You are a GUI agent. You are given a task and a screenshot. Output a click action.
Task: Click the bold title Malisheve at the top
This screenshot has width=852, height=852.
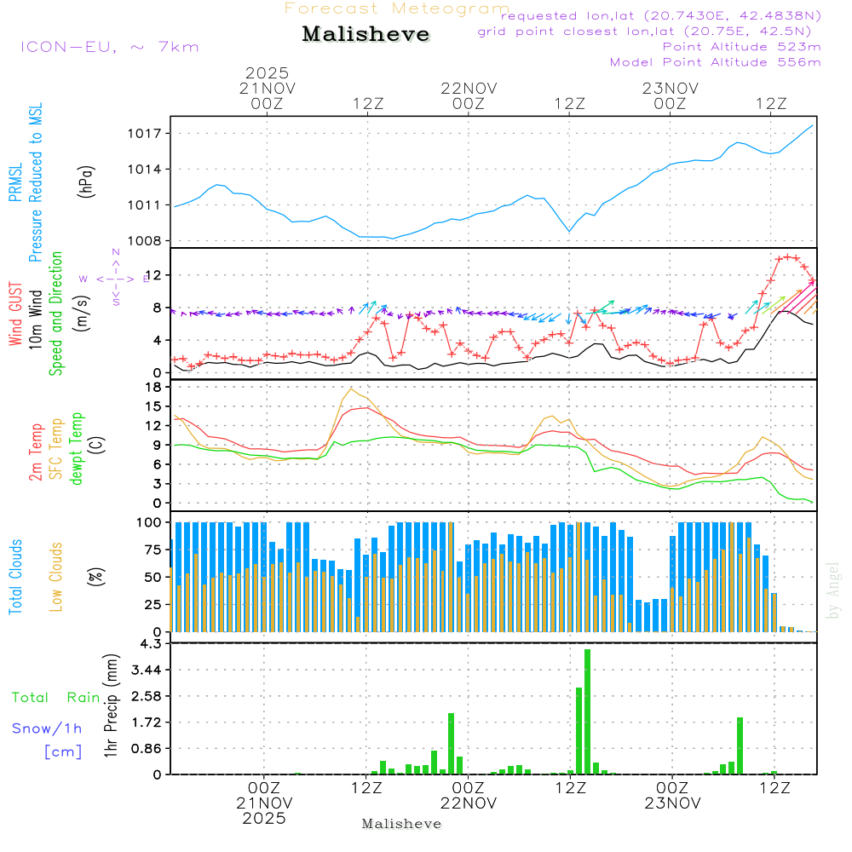[366, 35]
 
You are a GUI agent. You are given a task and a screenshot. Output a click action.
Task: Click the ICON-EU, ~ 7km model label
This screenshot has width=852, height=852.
[109, 47]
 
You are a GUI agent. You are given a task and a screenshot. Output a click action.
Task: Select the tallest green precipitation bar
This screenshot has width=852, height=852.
[587, 711]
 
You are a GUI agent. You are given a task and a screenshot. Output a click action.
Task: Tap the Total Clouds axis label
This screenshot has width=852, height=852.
[15, 577]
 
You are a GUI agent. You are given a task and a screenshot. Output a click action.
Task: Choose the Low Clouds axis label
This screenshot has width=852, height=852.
[56, 574]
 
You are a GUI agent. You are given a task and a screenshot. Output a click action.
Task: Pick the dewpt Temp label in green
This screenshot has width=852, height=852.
[77, 449]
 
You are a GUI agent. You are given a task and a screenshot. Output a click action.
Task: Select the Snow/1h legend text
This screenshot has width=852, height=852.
[48, 728]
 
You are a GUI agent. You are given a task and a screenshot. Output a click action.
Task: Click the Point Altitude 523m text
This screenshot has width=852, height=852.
[741, 47]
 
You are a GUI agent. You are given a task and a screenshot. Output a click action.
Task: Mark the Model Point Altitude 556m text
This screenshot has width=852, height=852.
[716, 62]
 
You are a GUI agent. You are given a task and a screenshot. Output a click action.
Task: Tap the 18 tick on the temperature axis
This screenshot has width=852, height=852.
[154, 388]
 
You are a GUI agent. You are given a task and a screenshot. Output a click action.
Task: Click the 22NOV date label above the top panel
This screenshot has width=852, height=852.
[469, 89]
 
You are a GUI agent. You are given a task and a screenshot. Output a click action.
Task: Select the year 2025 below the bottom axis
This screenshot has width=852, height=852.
[264, 818]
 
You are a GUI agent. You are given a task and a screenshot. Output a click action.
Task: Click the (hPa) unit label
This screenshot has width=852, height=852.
[86, 181]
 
